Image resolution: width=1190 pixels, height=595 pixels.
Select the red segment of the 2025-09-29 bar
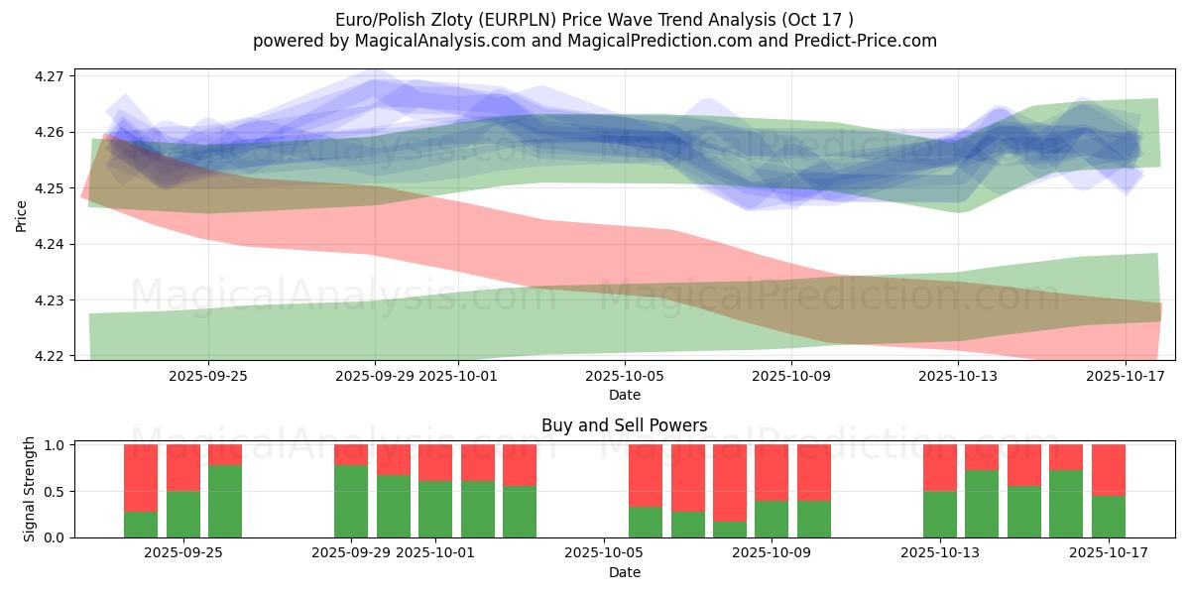click(351, 454)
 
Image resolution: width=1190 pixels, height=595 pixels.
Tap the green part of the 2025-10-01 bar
click(435, 509)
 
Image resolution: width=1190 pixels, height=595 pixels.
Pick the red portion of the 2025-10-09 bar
click(772, 472)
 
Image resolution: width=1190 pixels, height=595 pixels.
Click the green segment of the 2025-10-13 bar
click(940, 514)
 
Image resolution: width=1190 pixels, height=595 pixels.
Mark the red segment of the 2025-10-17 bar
click(1109, 469)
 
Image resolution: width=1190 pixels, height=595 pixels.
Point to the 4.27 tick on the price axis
click(50, 76)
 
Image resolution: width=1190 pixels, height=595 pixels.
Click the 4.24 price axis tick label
click(50, 244)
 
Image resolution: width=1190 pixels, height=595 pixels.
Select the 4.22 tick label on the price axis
click(50, 356)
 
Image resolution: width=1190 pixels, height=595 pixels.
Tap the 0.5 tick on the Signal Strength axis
click(55, 492)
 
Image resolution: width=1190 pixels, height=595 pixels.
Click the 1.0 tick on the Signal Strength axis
click(55, 445)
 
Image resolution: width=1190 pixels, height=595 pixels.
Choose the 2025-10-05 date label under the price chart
click(625, 376)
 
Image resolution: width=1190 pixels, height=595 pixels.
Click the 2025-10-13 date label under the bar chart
click(939, 553)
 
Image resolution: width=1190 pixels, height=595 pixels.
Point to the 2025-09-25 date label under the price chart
click(208, 376)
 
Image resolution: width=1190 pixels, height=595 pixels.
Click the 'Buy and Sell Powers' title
click(625, 425)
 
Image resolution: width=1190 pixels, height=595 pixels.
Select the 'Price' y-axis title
click(22, 215)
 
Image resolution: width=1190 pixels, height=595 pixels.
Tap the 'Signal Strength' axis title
click(30, 489)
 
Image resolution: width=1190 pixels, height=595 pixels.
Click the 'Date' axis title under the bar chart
click(625, 572)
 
